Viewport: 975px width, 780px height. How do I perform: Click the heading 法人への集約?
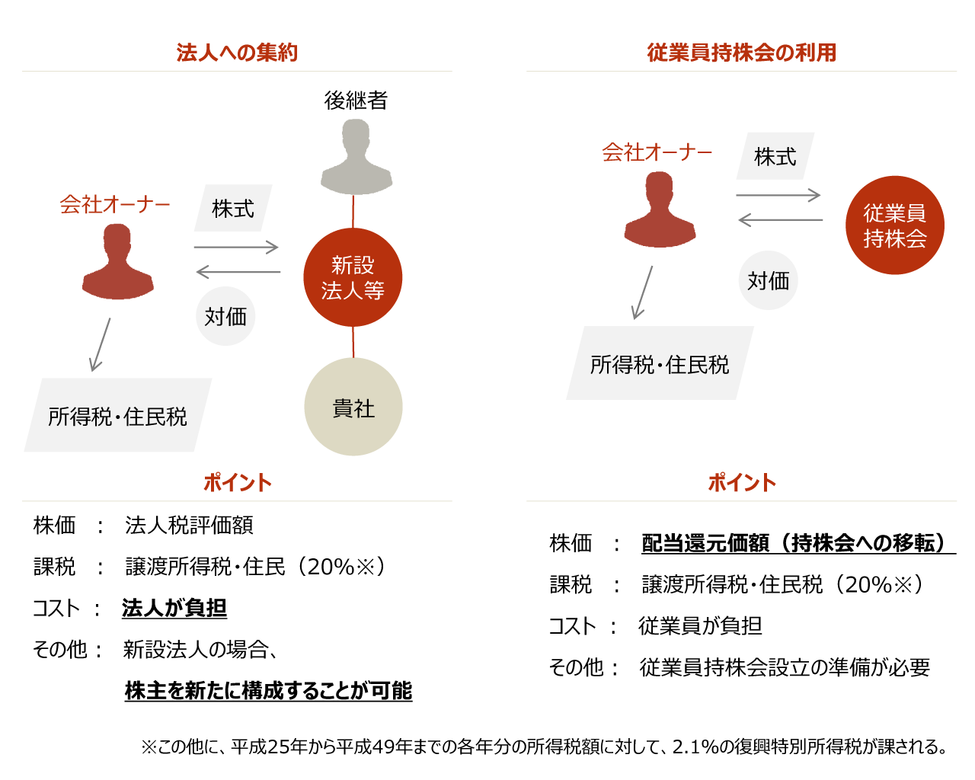tap(237, 53)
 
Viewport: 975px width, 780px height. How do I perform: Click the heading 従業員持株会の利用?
tap(741, 53)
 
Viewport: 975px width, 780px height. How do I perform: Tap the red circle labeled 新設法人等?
tap(353, 277)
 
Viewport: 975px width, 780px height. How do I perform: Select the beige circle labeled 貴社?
tap(353, 407)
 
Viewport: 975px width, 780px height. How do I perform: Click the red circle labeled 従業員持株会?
tap(895, 225)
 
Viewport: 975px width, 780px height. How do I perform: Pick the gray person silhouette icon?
tap(353, 155)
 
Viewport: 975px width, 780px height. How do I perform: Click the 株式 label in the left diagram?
tap(233, 208)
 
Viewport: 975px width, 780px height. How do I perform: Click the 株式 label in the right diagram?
tap(775, 156)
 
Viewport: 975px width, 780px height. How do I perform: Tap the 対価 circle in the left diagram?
tap(225, 316)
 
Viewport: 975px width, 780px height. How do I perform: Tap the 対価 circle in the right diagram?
tap(769, 280)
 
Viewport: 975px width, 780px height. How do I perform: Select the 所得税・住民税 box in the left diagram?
tap(118, 415)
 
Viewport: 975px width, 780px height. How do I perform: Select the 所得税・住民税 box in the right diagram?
tap(660, 363)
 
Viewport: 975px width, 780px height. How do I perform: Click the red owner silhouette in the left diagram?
tap(115, 260)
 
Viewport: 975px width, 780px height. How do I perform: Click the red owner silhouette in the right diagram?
tap(657, 207)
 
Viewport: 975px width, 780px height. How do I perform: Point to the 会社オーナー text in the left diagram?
tap(115, 205)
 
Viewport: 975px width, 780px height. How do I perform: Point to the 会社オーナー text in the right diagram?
tap(657, 153)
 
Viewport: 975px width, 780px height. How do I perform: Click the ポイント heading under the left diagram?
tap(237, 483)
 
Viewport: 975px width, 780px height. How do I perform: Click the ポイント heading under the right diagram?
tap(741, 483)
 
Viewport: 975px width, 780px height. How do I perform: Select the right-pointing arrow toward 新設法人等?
tap(236, 247)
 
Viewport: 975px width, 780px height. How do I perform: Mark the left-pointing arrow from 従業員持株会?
tap(780, 220)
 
